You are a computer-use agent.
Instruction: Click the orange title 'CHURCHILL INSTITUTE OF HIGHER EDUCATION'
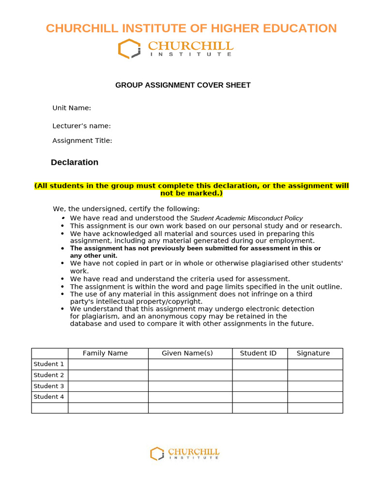click(x=191, y=28)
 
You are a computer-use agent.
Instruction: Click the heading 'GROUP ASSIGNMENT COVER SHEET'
click(x=183, y=85)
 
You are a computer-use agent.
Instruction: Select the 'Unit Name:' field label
click(x=72, y=108)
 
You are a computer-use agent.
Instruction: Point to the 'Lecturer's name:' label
click(x=81, y=126)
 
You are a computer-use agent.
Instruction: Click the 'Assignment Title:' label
click(x=82, y=140)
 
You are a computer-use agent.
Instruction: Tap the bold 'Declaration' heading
click(x=75, y=162)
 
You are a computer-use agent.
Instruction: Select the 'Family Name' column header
click(x=105, y=353)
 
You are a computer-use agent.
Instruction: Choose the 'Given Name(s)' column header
click(x=187, y=353)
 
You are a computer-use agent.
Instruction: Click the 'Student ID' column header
click(x=258, y=353)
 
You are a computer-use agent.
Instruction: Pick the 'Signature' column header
click(x=313, y=353)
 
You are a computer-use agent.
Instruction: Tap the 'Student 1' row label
click(x=49, y=364)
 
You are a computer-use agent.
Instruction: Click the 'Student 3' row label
click(x=49, y=386)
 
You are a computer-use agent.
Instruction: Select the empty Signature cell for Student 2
click(x=315, y=375)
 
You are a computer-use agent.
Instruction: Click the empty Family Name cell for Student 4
click(x=108, y=397)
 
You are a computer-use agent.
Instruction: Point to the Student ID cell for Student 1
click(x=260, y=364)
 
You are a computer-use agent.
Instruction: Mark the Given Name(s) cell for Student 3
click(x=190, y=386)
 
